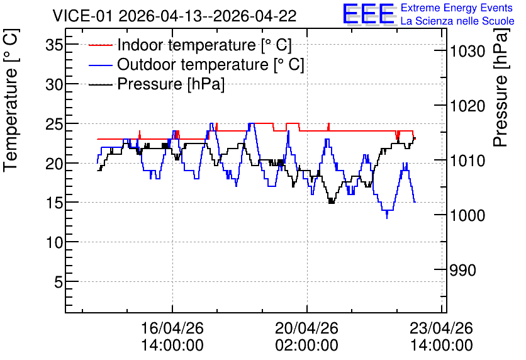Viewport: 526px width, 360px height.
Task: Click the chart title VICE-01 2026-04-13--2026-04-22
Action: tap(174, 16)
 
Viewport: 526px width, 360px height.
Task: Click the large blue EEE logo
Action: tap(369, 14)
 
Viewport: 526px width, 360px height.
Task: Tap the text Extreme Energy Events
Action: tap(457, 8)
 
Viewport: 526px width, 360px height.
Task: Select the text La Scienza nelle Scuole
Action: tap(457, 21)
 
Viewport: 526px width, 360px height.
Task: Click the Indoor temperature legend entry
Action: tap(190, 45)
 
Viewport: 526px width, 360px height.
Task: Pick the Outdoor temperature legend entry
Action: tap(196, 64)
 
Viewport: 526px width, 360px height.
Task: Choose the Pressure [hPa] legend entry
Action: tap(157, 84)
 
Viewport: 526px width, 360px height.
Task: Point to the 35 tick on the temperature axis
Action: tap(54, 45)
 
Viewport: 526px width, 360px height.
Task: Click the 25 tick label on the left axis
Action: tap(54, 124)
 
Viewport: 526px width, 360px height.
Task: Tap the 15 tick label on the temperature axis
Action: tap(54, 203)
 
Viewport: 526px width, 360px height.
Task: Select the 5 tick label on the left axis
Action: tap(59, 282)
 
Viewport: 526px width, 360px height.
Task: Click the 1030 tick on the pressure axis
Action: tap(467, 52)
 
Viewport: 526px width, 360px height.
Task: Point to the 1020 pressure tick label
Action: tap(467, 106)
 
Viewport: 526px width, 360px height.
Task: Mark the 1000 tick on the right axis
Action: tap(467, 215)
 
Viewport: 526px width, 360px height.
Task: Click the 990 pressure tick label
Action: tap(463, 270)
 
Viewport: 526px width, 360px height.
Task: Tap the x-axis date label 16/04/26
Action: tap(172, 328)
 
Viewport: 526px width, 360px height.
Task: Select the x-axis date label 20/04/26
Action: tap(307, 328)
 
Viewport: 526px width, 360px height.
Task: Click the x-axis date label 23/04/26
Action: tap(442, 328)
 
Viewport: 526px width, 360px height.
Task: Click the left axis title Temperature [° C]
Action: tap(11, 101)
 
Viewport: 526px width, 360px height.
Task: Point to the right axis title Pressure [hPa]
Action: tap(501, 87)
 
